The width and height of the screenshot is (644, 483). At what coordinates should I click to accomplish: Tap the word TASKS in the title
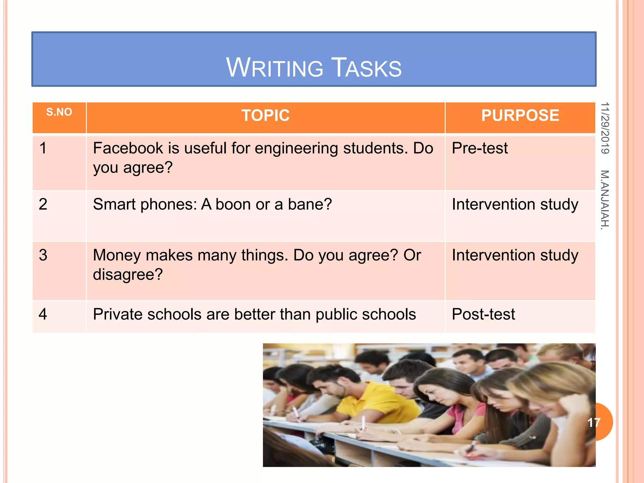(367, 68)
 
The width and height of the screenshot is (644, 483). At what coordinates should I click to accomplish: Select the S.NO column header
(59, 112)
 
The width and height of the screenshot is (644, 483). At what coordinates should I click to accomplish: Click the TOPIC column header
(265, 115)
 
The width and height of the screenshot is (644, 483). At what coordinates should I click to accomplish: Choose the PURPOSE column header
(520, 115)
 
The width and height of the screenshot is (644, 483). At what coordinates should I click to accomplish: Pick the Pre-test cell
(480, 148)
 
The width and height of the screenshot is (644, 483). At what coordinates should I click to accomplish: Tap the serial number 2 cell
(43, 204)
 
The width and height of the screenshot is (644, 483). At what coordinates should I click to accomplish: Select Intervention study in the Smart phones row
(515, 204)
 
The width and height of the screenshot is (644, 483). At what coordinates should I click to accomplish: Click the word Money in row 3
(117, 255)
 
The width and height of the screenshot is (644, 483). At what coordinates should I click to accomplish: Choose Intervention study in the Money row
(515, 255)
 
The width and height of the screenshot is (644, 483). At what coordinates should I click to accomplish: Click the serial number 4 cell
(43, 314)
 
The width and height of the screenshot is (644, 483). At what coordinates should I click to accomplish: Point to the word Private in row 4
(117, 314)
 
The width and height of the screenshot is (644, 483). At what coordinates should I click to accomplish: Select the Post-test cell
(483, 314)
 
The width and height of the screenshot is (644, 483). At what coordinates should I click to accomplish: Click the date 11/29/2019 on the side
(605, 128)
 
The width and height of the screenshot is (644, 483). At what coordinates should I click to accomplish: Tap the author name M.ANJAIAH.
(605, 200)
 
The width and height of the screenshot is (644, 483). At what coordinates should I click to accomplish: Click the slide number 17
(594, 422)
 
